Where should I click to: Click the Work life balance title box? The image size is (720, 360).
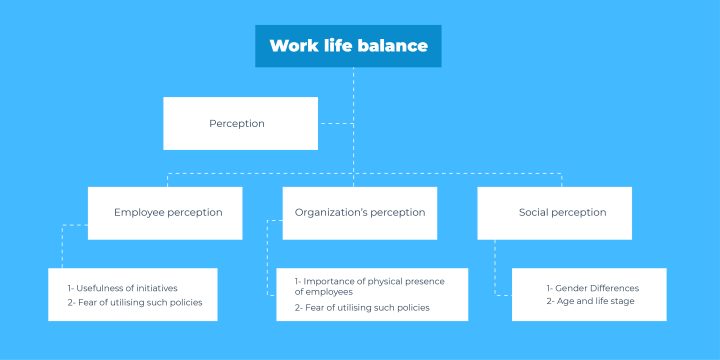pos(347,46)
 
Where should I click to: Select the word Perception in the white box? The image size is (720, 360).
pos(237,123)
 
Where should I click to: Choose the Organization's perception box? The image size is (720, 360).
pos(360,212)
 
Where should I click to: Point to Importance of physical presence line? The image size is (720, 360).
pos(369,282)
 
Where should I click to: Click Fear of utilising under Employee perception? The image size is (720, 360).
pos(141,301)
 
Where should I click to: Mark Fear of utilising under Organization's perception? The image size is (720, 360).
pos(363,308)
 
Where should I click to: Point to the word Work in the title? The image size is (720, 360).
pos(291,46)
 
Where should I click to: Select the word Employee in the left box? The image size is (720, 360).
pos(140,212)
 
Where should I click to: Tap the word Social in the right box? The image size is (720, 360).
pos(535,212)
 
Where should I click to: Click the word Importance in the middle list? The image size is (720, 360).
pos(331,282)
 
